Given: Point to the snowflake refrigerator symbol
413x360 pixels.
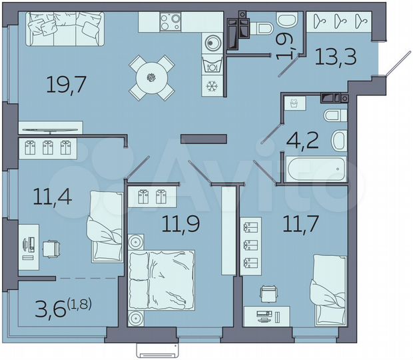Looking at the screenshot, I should tap(212, 86).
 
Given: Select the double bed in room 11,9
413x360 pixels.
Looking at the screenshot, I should tap(162, 280).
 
